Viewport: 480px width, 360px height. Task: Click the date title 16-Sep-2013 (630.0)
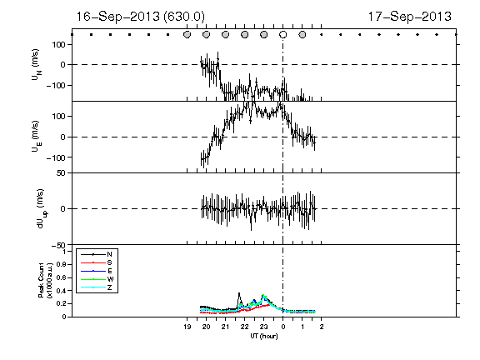coord(140,17)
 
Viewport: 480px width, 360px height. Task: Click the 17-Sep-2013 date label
coord(410,17)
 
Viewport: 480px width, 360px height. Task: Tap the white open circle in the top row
coord(283,35)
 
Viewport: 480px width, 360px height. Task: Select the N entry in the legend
coord(97,254)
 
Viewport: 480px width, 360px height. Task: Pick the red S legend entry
coord(97,262)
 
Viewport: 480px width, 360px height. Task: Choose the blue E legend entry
coord(97,271)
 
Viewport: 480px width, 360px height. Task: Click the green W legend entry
coord(97,279)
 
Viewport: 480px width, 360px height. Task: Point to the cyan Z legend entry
coord(97,287)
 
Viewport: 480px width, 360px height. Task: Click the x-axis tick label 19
coord(187,327)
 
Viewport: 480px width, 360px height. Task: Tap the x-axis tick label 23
coord(264,327)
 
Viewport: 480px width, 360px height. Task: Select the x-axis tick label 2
coord(322,327)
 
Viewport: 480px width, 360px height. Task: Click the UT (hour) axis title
coord(264,336)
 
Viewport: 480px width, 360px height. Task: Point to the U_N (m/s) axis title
coord(36,65)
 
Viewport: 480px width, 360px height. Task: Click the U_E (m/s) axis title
coord(36,137)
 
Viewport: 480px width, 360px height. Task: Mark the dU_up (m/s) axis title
coord(41,209)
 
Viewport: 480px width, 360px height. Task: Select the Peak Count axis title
coord(45,280)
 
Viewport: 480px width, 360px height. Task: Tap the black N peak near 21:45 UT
coord(239,293)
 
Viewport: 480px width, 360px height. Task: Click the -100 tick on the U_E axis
coord(56,157)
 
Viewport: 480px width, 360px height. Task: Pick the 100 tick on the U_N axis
coord(58,45)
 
